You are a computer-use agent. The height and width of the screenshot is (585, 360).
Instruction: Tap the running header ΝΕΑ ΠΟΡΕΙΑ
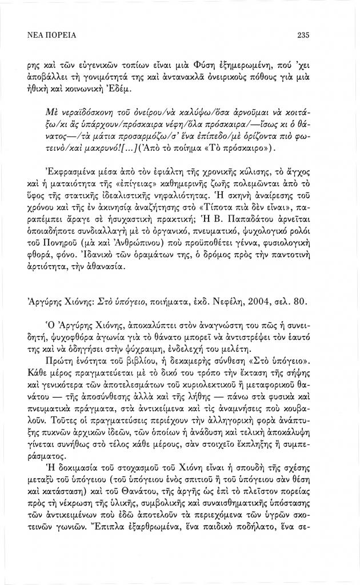click(53, 35)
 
